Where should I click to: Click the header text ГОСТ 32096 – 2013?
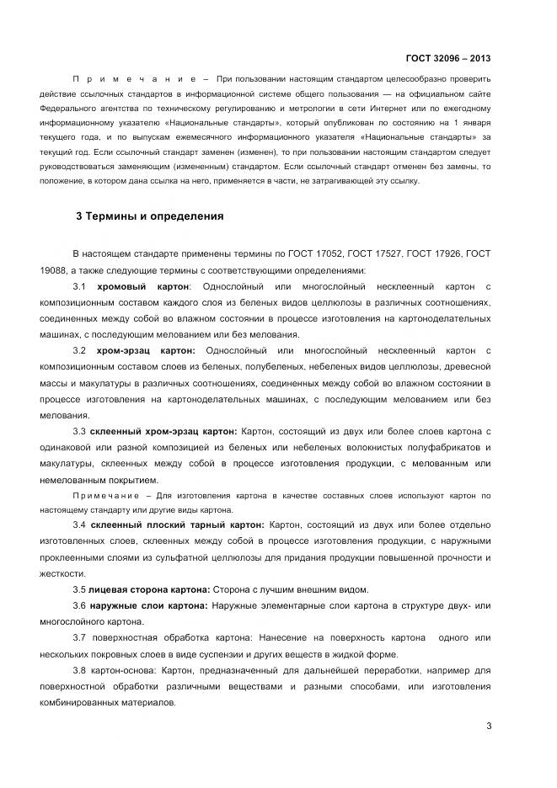point(447,58)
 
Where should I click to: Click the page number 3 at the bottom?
point(488,727)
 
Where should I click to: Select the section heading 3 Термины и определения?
point(149,216)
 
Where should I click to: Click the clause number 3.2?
point(80,349)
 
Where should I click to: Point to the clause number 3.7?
point(80,638)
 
